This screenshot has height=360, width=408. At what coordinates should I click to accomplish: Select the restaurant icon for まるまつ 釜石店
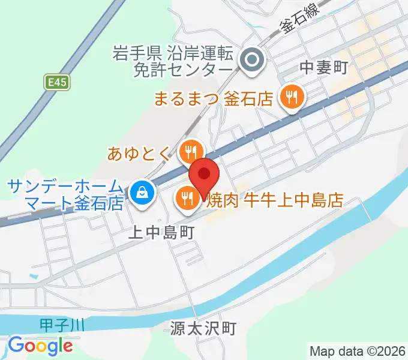(x=292, y=96)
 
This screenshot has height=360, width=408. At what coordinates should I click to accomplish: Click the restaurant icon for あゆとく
(x=191, y=151)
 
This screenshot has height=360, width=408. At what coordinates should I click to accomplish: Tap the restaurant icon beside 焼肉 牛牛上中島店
(x=187, y=197)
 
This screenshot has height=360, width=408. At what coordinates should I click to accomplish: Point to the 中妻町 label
(x=324, y=68)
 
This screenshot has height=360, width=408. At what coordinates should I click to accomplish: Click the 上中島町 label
(x=161, y=232)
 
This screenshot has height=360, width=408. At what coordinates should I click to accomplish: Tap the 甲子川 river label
(x=63, y=325)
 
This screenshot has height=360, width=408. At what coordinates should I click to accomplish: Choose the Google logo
(x=40, y=346)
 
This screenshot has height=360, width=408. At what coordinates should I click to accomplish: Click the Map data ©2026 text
(x=358, y=350)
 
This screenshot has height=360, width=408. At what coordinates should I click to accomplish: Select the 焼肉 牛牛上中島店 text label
(x=274, y=200)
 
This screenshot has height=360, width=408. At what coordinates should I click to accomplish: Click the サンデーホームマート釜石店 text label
(x=66, y=194)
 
